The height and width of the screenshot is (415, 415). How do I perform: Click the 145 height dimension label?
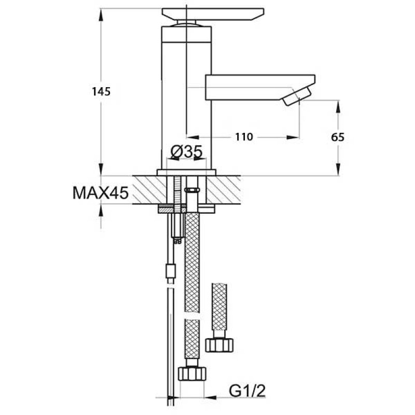tap(101, 92)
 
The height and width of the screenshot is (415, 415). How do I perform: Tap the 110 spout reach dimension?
tap(244, 137)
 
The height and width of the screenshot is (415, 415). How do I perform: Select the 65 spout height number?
tap(338, 137)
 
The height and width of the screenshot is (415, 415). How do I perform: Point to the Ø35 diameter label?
tap(186, 151)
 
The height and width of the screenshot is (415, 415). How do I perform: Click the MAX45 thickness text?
tap(101, 192)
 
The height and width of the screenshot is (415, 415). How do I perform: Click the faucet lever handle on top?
tap(213, 14)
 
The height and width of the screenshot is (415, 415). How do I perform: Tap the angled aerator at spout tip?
tap(297, 97)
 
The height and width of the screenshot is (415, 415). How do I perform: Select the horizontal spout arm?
tap(260, 87)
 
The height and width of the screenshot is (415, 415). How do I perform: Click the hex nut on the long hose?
tap(192, 374)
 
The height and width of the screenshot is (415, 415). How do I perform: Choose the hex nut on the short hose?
tap(219, 345)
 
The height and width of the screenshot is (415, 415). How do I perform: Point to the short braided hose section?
tap(219, 307)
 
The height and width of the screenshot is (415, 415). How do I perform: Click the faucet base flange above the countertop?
tap(186, 173)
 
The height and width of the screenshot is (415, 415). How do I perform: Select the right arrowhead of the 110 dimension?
tap(293, 137)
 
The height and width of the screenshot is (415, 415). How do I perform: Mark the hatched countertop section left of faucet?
tap(149, 190)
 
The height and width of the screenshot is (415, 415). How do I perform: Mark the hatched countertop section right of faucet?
tap(224, 190)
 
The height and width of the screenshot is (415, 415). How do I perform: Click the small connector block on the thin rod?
tap(171, 271)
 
